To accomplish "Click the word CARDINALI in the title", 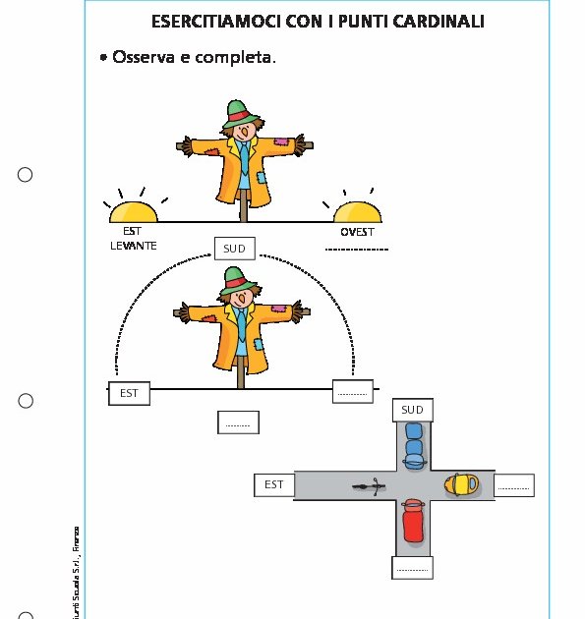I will click(x=433, y=21).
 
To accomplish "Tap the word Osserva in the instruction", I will click(x=146, y=58).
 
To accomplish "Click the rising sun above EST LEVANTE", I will click(x=133, y=212).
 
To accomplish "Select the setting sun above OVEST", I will click(x=356, y=212).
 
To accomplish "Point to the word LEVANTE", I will click(x=133, y=246).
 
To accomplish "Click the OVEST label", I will click(x=357, y=233).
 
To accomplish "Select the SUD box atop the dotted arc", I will click(x=234, y=249).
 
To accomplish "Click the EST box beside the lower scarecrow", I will click(x=129, y=393).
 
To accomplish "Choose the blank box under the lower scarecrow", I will click(x=238, y=422).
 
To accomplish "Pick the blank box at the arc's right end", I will click(x=353, y=391).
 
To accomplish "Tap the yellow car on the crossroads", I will click(x=460, y=484).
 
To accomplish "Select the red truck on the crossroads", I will click(x=412, y=520).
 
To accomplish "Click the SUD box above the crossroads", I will click(x=412, y=410).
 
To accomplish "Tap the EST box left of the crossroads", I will click(x=273, y=484).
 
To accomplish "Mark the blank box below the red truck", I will click(x=412, y=568).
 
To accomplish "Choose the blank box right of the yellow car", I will click(x=514, y=484).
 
